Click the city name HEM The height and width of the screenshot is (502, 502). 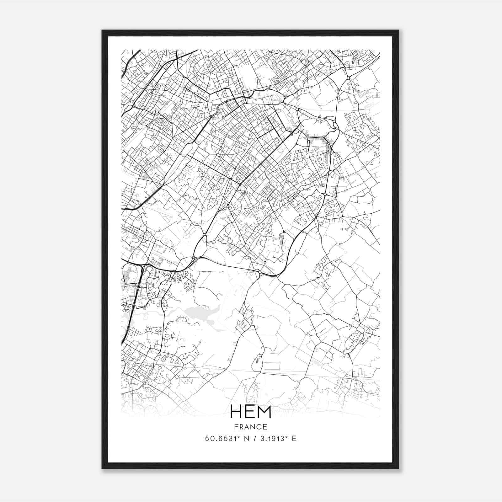(251, 411)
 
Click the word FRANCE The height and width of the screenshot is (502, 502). (250, 427)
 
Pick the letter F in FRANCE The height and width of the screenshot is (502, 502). (236, 427)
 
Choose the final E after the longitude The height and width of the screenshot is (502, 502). (294, 439)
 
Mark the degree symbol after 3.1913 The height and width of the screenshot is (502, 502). (286, 436)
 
